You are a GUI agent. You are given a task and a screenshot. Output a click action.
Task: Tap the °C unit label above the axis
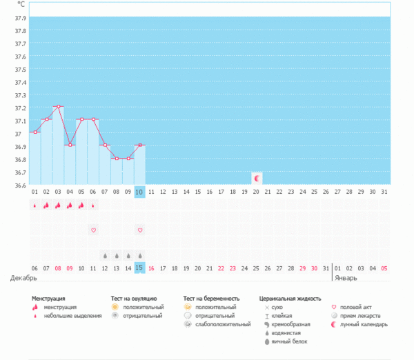pos(19,4)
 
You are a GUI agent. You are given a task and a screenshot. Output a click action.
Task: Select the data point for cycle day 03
pos(59,106)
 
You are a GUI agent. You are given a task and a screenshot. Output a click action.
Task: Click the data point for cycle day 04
pos(70,145)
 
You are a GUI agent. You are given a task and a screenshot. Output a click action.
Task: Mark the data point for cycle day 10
pos(139,145)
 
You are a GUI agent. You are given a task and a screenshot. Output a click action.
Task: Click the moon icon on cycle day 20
pos(257,178)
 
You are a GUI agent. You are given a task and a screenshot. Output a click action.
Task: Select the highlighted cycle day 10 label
pos(139,192)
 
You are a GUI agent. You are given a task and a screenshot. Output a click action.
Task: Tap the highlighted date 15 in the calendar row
pos(139,268)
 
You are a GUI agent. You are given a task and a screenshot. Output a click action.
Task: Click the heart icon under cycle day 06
pos(93,230)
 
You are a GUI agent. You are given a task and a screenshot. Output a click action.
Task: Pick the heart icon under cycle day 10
pos(139,230)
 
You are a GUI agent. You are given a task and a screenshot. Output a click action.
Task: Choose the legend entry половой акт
pos(359,307)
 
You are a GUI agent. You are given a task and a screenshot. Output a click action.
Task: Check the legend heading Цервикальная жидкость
pos(290,299)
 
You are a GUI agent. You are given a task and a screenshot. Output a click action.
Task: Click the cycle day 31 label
pos(384,192)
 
